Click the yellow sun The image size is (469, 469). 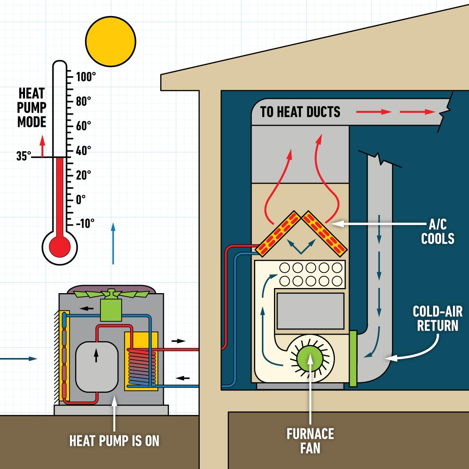[x=111, y=41]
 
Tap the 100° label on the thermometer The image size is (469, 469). [x=86, y=77]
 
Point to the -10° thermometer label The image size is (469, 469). [x=85, y=224]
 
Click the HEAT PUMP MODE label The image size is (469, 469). [x=32, y=107]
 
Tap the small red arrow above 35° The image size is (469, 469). [x=42, y=145]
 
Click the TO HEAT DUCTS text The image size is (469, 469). [x=300, y=112]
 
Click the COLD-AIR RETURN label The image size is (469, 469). [x=437, y=319]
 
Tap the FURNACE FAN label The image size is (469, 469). [x=310, y=441]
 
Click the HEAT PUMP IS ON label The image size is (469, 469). [x=114, y=441]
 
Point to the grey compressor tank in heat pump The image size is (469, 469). [x=96, y=367]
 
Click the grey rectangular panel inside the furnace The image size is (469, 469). [x=310, y=311]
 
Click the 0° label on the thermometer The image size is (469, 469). [x=81, y=200]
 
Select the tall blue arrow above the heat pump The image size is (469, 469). [x=113, y=243]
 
